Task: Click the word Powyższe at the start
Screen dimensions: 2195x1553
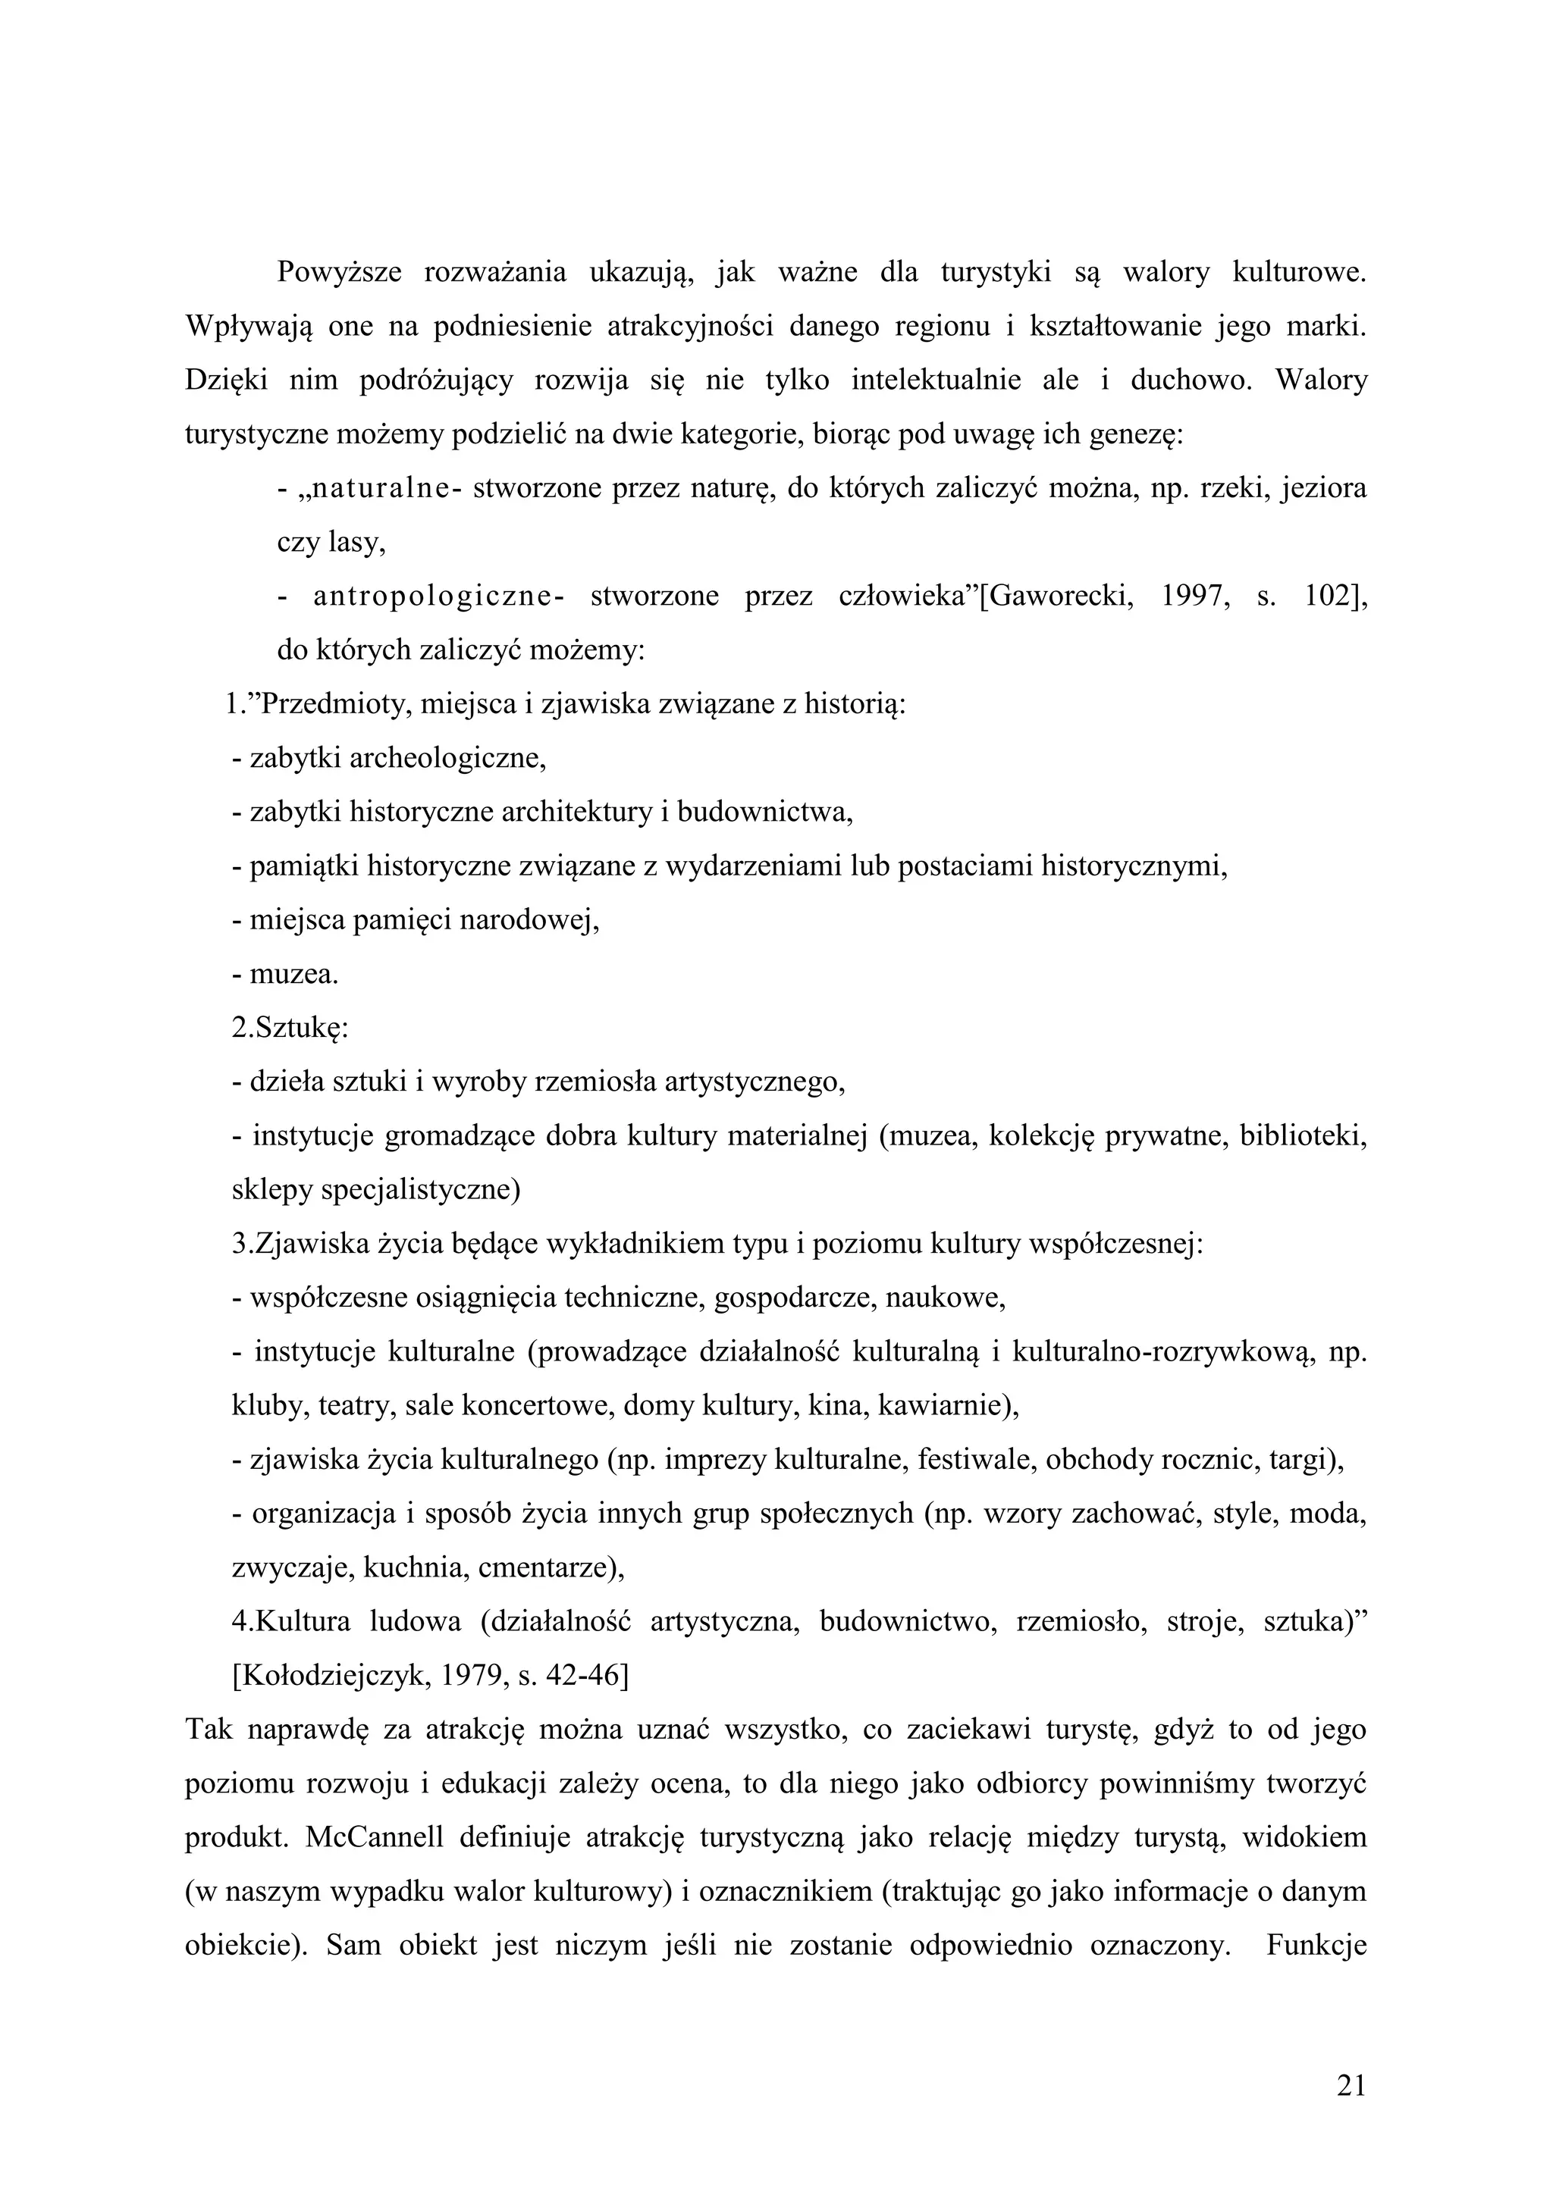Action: point(337,272)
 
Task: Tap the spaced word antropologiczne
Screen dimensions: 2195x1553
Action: point(432,597)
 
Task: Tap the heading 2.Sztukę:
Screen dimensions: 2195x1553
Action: point(289,1029)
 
